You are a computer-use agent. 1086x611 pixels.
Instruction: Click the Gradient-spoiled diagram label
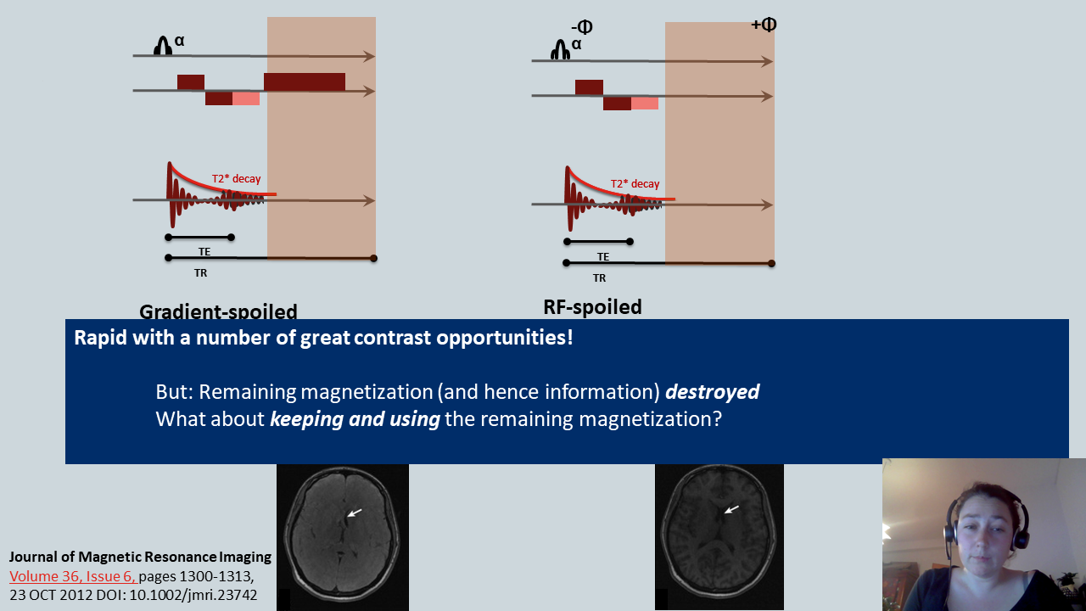tap(218, 311)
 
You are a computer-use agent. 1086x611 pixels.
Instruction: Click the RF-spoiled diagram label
tap(592, 306)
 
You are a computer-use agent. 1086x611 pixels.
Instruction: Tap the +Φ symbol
tap(764, 25)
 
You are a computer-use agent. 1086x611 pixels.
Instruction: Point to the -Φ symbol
tap(582, 28)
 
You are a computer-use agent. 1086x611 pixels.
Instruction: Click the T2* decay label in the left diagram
tap(236, 179)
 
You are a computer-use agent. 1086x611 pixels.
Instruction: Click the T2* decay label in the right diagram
tap(635, 184)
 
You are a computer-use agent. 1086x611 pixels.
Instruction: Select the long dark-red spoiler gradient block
tap(305, 82)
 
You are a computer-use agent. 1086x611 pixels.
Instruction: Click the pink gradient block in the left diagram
tap(246, 98)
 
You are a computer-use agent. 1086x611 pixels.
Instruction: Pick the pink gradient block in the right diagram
tap(645, 104)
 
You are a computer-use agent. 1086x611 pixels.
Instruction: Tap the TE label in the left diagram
tap(204, 252)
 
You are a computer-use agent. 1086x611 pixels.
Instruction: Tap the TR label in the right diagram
tap(599, 278)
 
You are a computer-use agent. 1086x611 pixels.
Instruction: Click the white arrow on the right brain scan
tap(731, 509)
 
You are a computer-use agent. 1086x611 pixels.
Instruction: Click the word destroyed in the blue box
tap(712, 392)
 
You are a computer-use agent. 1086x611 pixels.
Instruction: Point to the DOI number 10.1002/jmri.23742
tap(195, 594)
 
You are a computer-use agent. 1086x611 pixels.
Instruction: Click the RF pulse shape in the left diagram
tap(163, 48)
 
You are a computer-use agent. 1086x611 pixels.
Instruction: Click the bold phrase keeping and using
tap(355, 419)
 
